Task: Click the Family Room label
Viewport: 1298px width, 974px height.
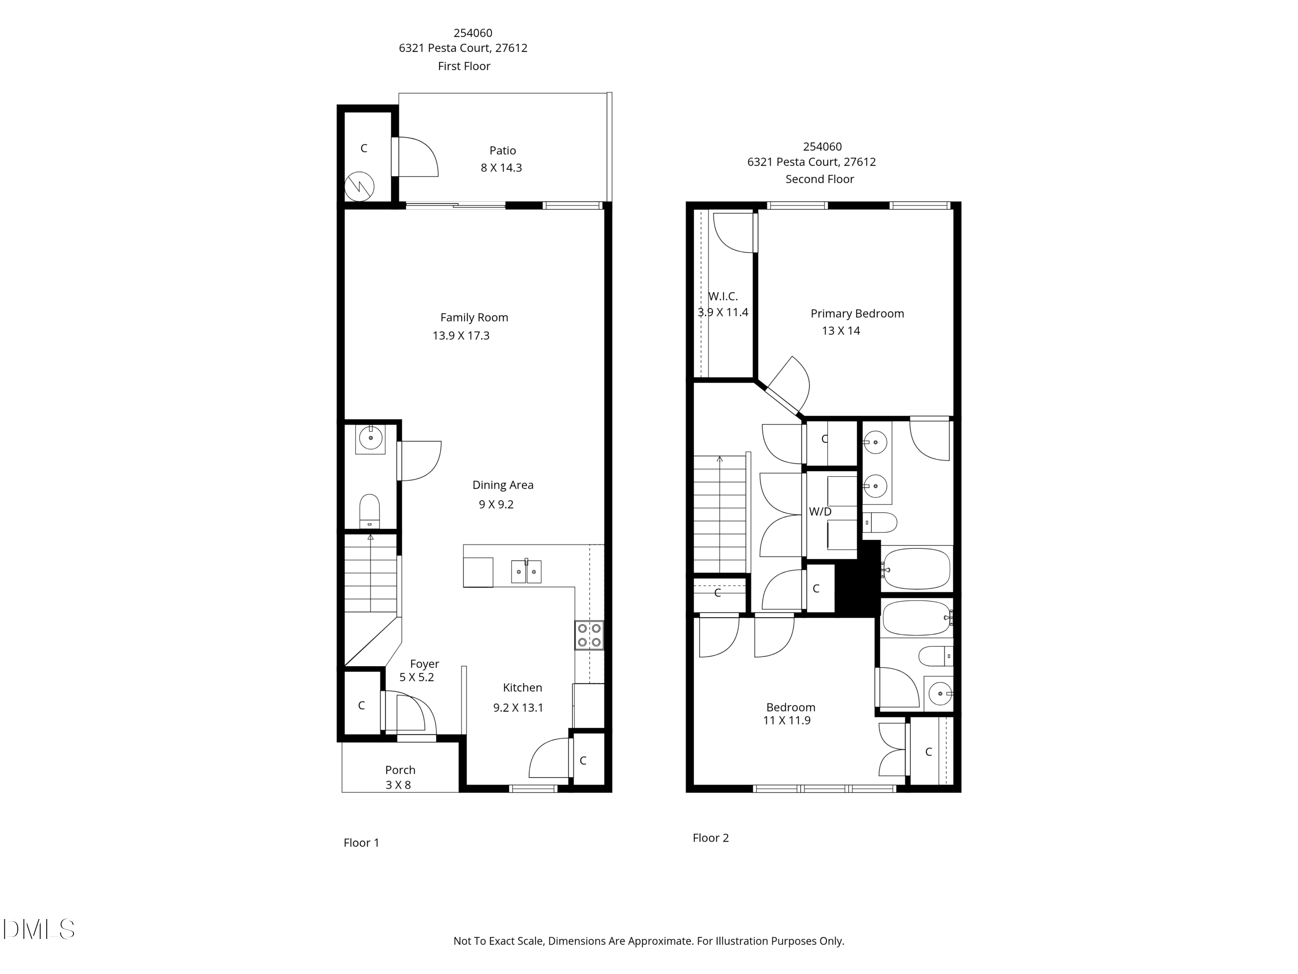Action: click(x=474, y=318)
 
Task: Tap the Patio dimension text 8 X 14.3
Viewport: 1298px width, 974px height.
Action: click(x=501, y=168)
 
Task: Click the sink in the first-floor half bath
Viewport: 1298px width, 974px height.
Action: click(x=370, y=438)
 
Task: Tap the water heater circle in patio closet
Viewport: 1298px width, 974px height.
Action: click(x=359, y=187)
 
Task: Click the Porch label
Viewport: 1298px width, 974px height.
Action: click(x=400, y=770)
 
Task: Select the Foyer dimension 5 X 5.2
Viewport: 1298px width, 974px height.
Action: click(x=417, y=677)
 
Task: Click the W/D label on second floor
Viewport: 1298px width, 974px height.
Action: click(x=820, y=512)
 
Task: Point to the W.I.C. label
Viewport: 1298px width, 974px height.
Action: click(x=723, y=297)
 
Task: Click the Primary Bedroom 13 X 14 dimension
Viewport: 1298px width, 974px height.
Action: click(x=840, y=331)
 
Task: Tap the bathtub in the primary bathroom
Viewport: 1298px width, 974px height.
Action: click(x=916, y=568)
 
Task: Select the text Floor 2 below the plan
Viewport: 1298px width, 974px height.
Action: click(x=710, y=838)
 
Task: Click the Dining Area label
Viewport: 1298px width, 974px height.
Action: click(x=503, y=485)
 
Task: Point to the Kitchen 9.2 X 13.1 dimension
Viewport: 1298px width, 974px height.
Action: click(x=518, y=708)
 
